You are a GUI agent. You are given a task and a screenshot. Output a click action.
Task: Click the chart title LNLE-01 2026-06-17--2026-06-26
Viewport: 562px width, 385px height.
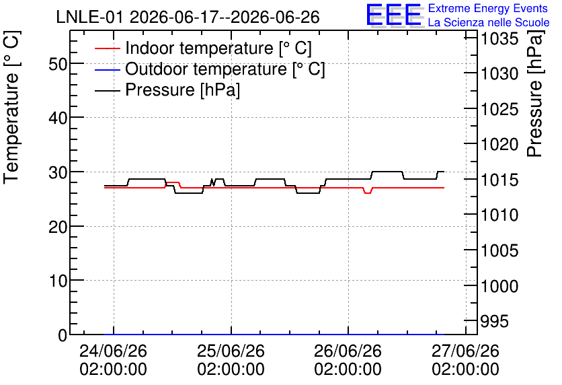[188, 17]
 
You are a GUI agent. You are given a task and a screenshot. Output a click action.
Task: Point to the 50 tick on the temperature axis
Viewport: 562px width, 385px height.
[58, 65]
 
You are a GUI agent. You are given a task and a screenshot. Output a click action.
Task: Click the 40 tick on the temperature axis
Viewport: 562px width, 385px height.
[58, 118]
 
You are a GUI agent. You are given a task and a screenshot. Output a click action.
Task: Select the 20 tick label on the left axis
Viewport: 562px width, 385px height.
[58, 227]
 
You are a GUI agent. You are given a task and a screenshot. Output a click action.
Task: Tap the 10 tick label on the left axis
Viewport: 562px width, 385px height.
[58, 281]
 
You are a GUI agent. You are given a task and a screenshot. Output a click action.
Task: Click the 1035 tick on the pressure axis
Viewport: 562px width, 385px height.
[499, 39]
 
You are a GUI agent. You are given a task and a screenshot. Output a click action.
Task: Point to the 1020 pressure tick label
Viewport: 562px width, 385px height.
[499, 145]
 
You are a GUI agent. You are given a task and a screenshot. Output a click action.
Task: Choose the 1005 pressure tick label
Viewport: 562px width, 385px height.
[499, 250]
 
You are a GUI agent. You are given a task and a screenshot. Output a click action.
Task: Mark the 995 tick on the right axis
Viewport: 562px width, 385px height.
[495, 321]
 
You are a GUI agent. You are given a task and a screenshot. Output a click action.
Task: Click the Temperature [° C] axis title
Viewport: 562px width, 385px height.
[11, 108]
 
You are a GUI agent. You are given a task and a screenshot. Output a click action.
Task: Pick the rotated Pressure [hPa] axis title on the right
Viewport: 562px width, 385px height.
[535, 94]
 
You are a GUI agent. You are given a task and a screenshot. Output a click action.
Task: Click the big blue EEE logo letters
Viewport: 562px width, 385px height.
[394, 14]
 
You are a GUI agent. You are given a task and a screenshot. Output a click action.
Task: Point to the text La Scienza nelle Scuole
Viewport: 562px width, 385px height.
[489, 22]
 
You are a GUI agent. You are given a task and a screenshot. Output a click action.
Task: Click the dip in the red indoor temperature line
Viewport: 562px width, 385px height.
[368, 193]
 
